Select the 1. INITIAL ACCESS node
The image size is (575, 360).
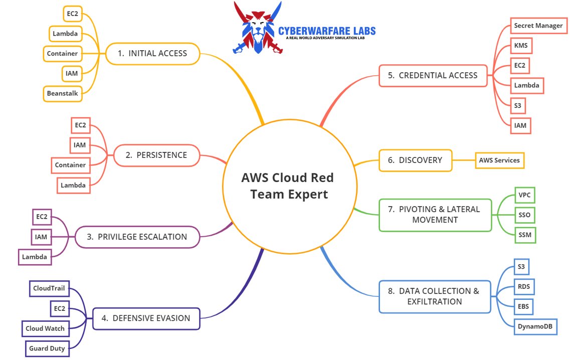[x=152, y=53]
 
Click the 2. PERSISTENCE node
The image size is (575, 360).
[x=156, y=155]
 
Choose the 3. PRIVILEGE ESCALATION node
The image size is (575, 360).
[x=137, y=237]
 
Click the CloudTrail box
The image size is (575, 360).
[x=49, y=288]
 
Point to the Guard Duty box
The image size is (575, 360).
[x=47, y=348]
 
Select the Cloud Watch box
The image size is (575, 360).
[x=45, y=328]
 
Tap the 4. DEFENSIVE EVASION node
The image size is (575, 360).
[x=146, y=318]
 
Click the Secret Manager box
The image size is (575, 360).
[x=538, y=26]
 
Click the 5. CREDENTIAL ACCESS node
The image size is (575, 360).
[x=433, y=75]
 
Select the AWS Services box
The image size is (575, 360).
[x=499, y=160]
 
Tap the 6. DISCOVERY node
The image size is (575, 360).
[x=415, y=160]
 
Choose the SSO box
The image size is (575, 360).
[x=525, y=216]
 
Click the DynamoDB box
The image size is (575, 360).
[x=535, y=326]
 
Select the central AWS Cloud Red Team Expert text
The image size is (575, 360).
[x=287, y=186]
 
